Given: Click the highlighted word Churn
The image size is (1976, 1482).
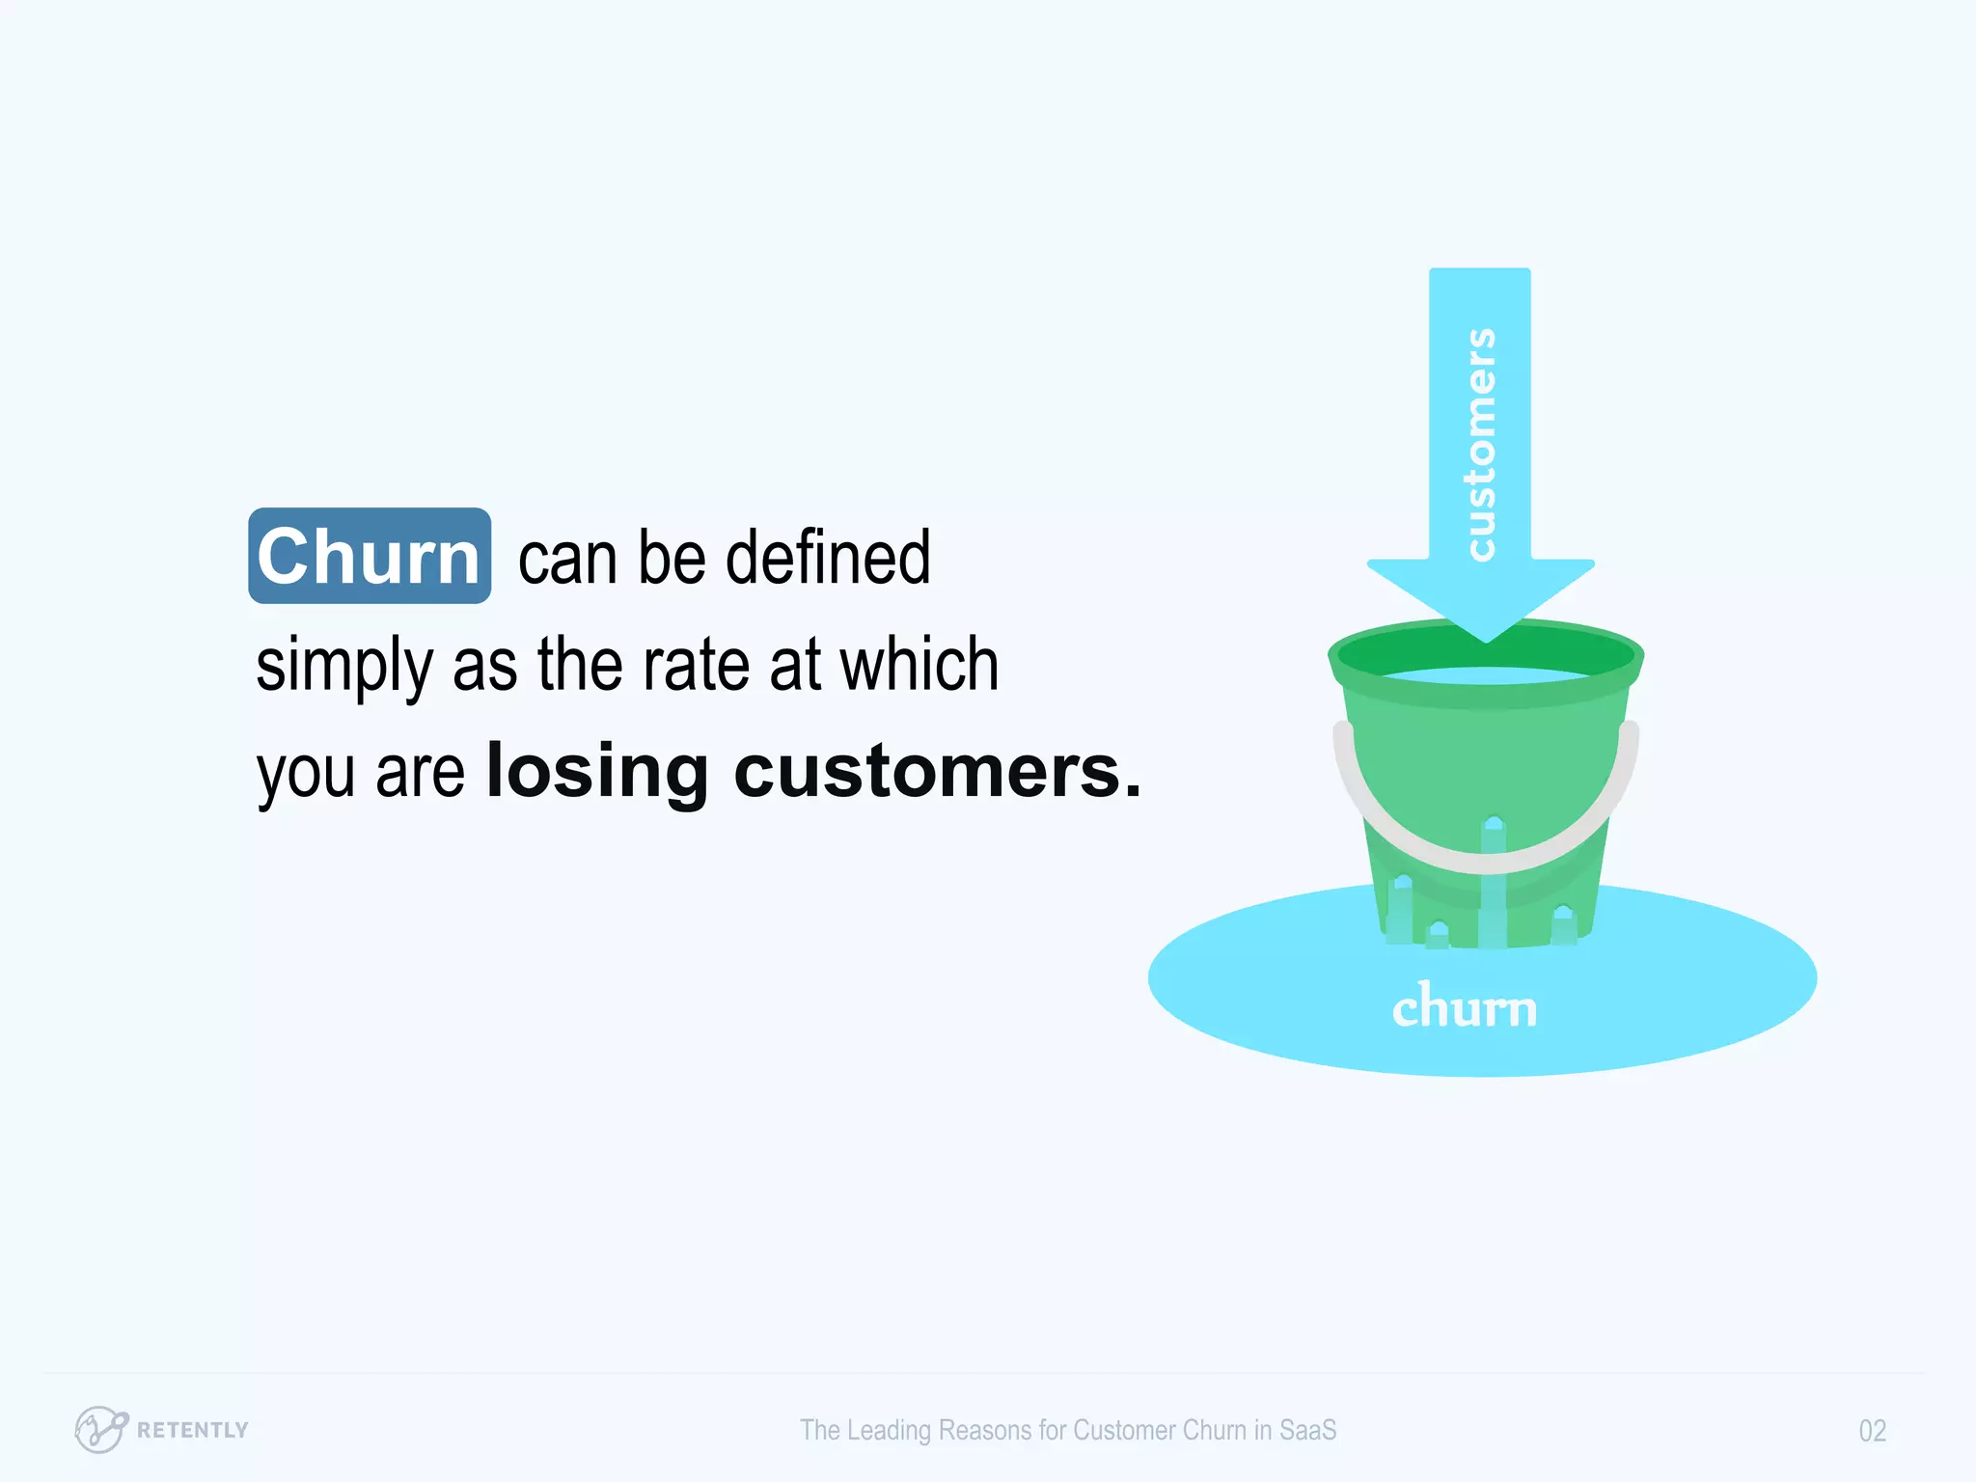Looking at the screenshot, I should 369,557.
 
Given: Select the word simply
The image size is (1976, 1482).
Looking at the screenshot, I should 344,666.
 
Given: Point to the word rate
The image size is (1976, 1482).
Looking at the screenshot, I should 696,665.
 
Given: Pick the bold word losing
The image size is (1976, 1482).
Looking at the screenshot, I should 597,772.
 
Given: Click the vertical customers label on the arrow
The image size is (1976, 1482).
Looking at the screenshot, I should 1479,444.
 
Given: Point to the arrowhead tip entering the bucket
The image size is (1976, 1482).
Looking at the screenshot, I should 1486,637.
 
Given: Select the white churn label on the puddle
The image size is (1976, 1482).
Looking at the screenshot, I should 1464,1007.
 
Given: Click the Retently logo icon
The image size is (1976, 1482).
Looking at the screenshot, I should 100,1429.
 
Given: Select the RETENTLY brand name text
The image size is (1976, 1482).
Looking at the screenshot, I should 193,1430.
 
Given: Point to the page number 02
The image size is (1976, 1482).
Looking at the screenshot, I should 1872,1431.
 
